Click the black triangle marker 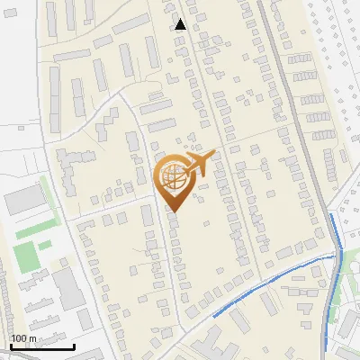pos(181,24)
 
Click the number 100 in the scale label pos(20,338)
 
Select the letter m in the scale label pos(33,338)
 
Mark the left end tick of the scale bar pos(10,345)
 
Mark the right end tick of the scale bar pos(75,345)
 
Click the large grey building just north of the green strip pos(24,201)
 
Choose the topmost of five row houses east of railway pos(300,59)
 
